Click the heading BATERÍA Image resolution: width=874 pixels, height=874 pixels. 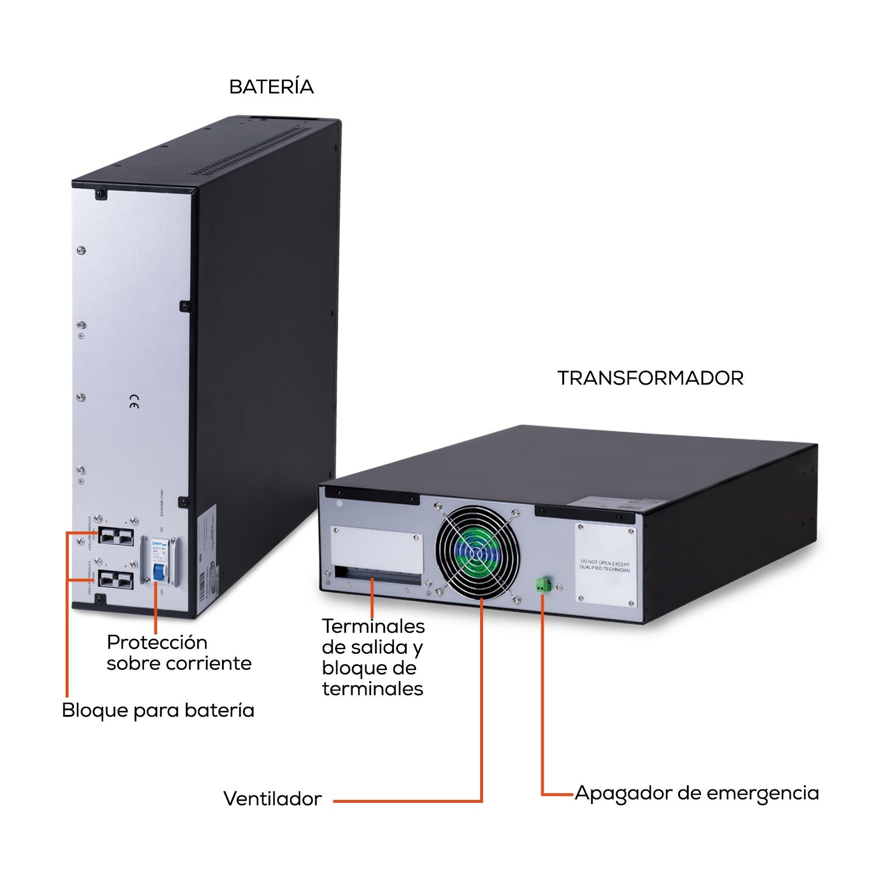(271, 87)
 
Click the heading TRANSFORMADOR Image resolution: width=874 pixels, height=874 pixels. (650, 378)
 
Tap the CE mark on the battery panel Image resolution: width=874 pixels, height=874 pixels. (133, 401)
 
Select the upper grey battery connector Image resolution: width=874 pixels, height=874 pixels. (115, 535)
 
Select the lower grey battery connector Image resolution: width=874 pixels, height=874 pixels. (115, 579)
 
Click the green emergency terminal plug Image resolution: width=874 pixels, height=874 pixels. (544, 585)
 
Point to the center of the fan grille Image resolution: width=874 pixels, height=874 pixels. (477, 552)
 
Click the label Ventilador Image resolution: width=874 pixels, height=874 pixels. (272, 798)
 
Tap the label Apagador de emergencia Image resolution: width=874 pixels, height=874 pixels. (696, 793)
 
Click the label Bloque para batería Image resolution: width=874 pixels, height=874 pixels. (158, 710)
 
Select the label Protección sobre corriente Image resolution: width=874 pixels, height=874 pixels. (179, 653)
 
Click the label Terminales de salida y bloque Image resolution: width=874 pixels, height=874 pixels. (373, 657)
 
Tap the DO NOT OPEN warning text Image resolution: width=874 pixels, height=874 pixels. (604, 566)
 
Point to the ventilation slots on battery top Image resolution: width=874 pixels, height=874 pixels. (251, 151)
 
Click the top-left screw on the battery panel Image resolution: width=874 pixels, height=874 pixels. (101, 193)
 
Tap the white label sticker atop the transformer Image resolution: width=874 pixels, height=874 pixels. (606, 503)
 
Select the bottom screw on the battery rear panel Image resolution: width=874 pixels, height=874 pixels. (100, 599)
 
